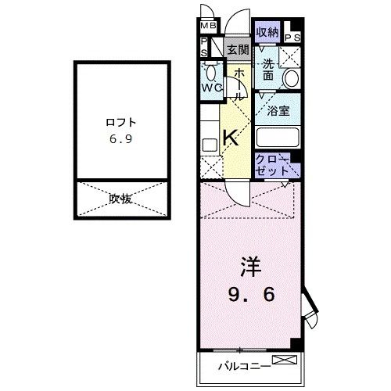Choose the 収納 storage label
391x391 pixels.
coord(267,32)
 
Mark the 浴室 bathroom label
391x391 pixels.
coord(278,110)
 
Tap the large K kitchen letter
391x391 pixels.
coord(231,138)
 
